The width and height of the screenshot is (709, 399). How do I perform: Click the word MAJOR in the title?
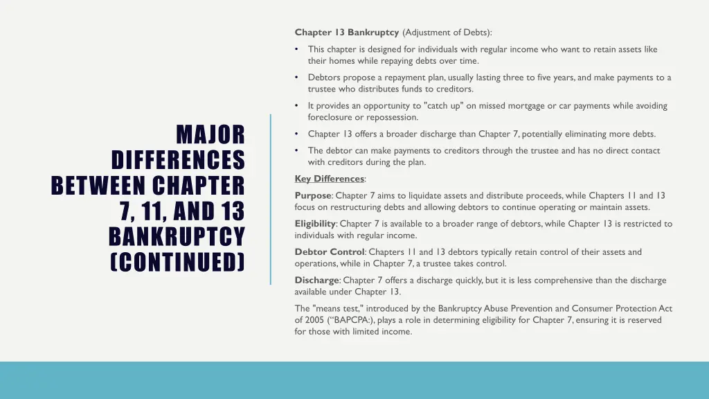pos(210,134)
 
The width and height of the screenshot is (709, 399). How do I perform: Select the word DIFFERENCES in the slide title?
pos(178,160)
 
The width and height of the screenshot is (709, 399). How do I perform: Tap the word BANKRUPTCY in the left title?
pos(177,237)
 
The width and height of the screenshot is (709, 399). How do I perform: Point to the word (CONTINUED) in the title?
pos(178,263)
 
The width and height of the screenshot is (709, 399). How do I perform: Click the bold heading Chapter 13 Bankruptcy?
pos(346,33)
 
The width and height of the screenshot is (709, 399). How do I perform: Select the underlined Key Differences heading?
pos(330,179)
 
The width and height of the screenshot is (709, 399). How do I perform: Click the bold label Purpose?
pos(313,196)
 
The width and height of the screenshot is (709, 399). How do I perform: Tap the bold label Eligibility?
pos(315,224)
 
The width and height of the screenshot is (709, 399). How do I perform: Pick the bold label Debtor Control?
pos(330,252)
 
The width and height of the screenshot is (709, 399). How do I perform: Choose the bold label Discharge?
pos(316,281)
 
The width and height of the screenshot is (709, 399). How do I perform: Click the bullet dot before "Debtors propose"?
pos(296,78)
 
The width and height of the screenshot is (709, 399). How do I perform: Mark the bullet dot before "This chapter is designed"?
pos(296,49)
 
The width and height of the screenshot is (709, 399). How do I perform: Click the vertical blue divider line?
pos(271,199)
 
